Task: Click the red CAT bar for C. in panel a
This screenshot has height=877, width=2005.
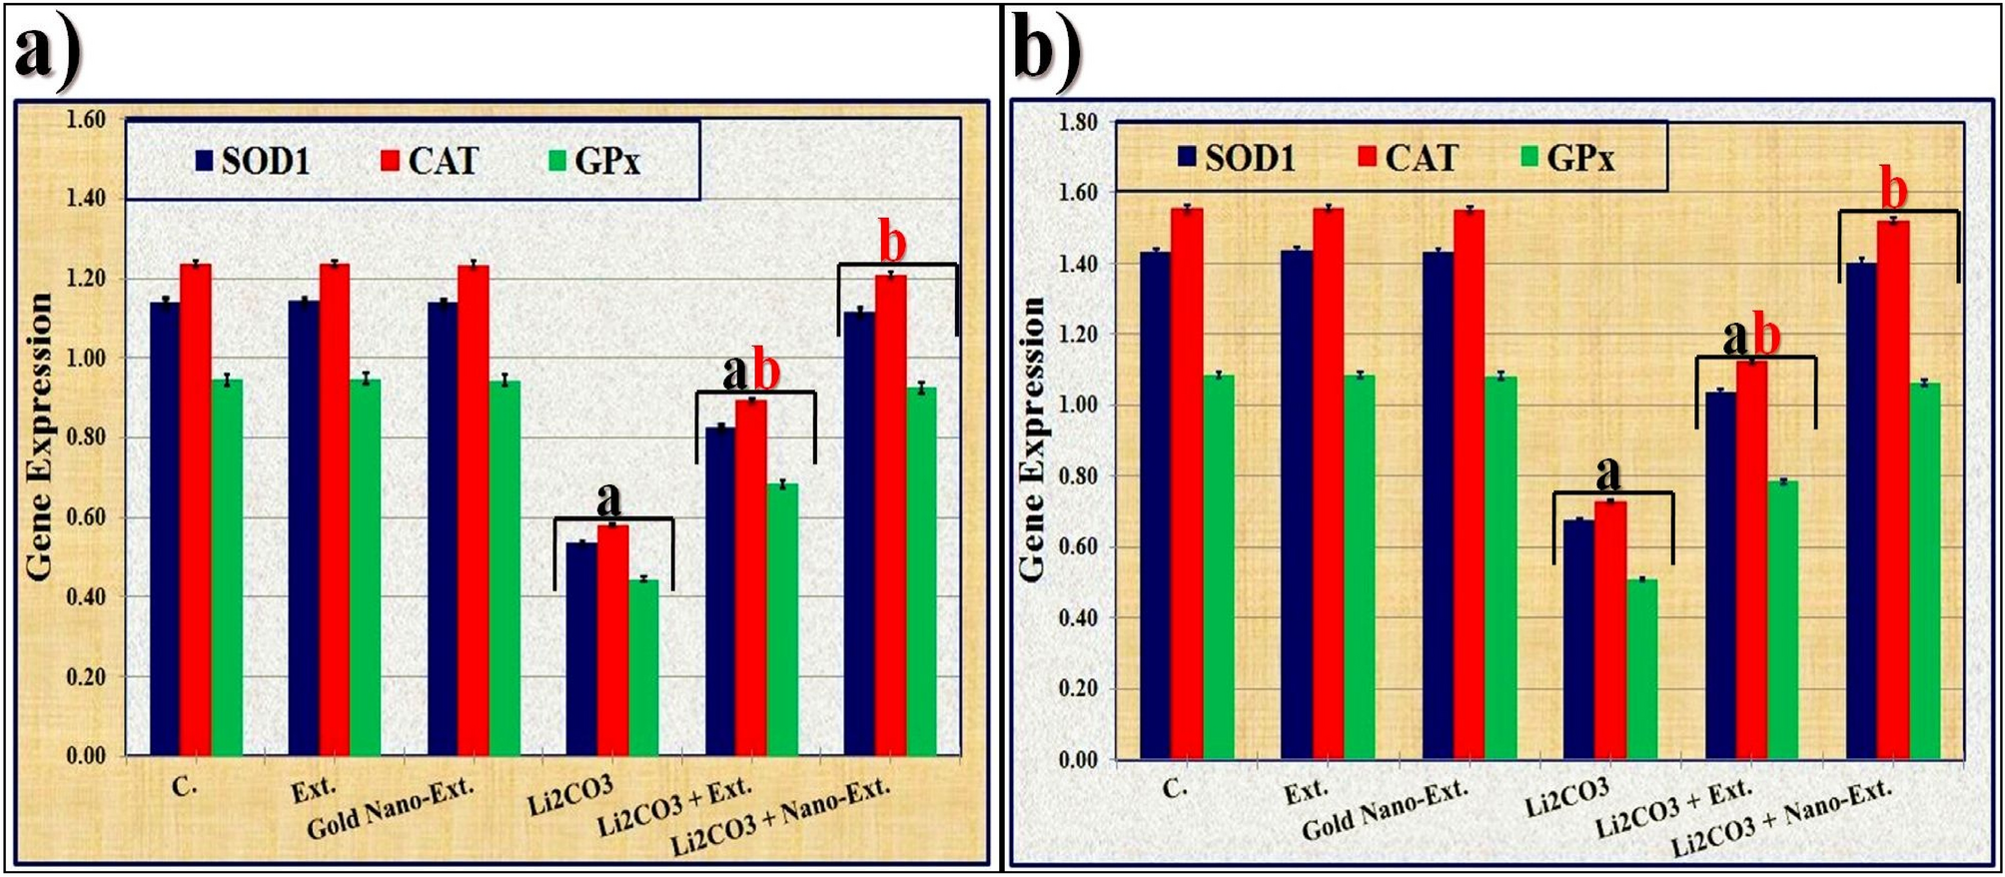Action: (196, 509)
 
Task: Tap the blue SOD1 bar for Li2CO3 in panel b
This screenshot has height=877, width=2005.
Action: (1578, 639)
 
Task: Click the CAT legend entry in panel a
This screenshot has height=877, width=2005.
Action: (431, 161)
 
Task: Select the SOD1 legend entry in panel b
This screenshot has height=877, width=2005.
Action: (1237, 158)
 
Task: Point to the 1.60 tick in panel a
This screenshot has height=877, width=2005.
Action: (85, 120)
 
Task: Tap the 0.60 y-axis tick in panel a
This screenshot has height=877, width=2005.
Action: (85, 517)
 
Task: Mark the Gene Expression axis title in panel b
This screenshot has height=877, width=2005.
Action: (1031, 439)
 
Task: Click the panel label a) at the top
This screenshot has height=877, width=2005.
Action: (47, 48)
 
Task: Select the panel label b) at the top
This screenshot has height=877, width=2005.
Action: (1046, 48)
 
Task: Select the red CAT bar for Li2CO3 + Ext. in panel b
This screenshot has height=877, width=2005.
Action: (1751, 559)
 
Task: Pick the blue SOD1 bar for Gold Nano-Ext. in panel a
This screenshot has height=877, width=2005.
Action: (443, 529)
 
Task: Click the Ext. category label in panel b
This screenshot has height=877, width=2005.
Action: (1306, 792)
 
